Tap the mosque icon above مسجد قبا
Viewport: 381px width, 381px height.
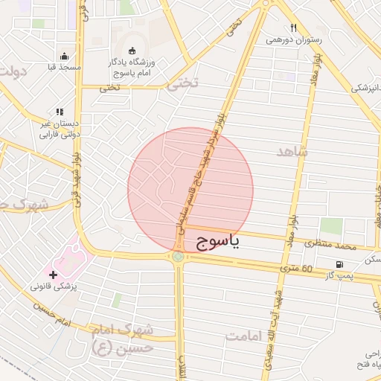pos(65,56)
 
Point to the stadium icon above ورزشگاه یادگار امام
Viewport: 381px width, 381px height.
pos(132,51)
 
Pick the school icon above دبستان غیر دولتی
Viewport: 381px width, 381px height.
pos(59,112)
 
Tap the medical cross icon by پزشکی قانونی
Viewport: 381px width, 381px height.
pos(53,275)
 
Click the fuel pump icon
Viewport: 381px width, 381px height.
pos(340,264)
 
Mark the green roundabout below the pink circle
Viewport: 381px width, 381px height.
pos(178,257)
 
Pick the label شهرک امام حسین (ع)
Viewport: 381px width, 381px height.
pos(125,337)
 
